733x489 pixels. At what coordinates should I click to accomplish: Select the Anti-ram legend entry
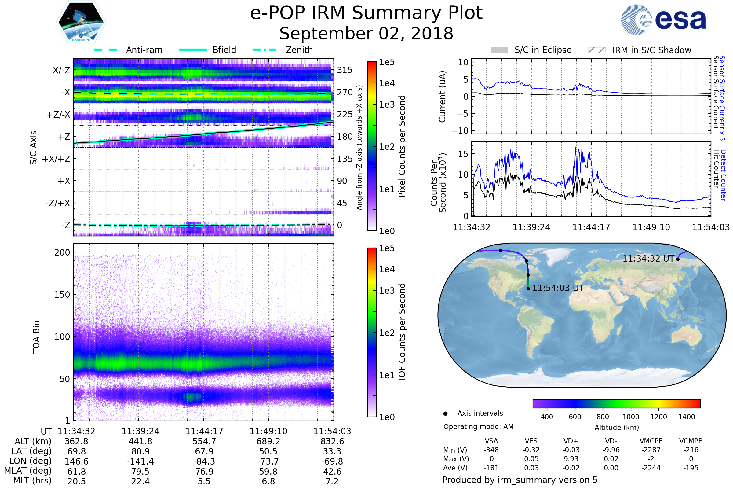click(x=144, y=50)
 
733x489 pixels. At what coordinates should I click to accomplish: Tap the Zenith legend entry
click(x=299, y=50)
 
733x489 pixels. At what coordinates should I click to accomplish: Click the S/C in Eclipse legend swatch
click(x=499, y=50)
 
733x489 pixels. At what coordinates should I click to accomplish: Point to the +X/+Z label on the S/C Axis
click(x=56, y=159)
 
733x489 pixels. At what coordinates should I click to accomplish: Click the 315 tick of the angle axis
click(x=345, y=70)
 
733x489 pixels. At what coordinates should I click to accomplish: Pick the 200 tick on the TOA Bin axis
click(x=62, y=252)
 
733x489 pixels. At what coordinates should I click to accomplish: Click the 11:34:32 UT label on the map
click(x=648, y=259)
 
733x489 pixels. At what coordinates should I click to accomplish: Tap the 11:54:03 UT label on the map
click(x=558, y=288)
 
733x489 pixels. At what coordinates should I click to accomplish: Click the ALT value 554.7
click(x=204, y=441)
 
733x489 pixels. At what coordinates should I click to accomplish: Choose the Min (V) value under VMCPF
click(x=651, y=450)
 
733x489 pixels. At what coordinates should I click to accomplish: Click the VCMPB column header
click(x=691, y=441)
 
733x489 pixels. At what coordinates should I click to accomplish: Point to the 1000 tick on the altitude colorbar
click(x=630, y=417)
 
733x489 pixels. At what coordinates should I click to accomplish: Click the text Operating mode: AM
click(x=478, y=427)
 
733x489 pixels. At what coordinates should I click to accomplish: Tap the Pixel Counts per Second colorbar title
click(x=402, y=146)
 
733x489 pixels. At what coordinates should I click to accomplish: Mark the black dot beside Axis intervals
click(x=445, y=414)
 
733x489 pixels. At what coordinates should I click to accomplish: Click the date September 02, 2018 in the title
click(x=366, y=34)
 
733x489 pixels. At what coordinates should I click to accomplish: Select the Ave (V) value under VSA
click(x=491, y=468)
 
